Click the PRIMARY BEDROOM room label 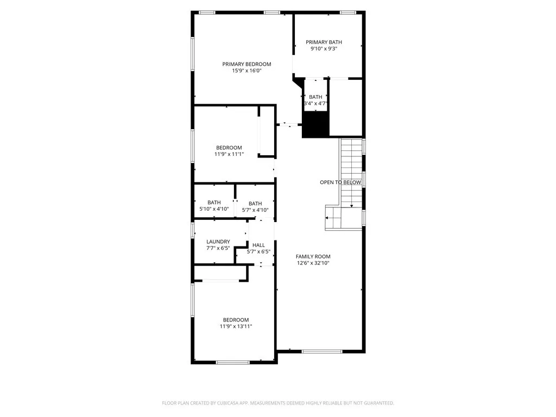(247, 64)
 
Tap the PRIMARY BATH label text (324, 42)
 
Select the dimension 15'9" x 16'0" (247, 71)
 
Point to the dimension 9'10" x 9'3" (324, 48)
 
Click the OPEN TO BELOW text (340, 182)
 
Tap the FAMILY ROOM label (313, 256)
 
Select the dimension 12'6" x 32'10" (313, 263)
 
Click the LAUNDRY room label (218, 242)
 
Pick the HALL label (258, 245)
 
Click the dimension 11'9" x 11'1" (229, 154)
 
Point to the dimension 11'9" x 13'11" (236, 326)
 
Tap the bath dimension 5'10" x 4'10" (214, 209)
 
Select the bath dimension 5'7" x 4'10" (255, 210)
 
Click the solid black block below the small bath (315, 124)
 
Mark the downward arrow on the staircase (351, 205)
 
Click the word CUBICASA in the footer (237, 403)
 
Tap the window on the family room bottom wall (321, 351)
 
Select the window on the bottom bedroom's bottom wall (232, 362)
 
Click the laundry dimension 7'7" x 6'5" (218, 248)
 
